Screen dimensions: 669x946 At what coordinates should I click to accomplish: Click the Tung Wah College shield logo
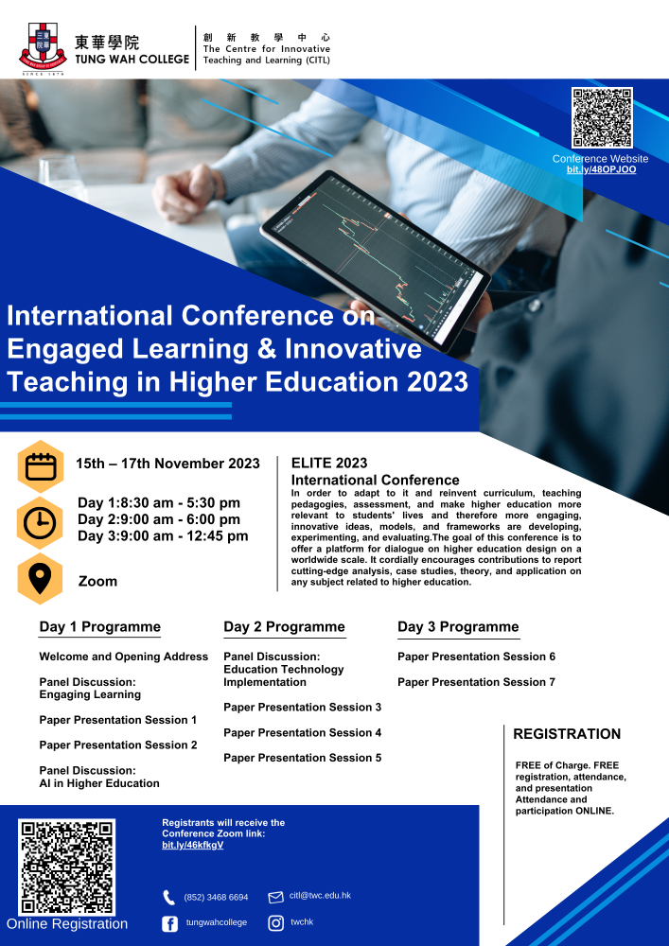(43, 48)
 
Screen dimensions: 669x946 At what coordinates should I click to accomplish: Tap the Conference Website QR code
(602, 117)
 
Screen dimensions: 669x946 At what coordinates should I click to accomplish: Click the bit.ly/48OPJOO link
(601, 169)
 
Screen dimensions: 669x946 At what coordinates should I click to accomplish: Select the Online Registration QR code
(66, 867)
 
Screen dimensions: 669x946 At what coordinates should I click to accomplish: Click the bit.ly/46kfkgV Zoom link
(192, 845)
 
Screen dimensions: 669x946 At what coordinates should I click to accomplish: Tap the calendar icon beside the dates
(41, 466)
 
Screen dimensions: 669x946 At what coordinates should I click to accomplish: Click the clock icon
(41, 523)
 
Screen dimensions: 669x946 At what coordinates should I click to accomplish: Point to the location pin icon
(41, 579)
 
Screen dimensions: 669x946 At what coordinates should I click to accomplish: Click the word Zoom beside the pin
(97, 581)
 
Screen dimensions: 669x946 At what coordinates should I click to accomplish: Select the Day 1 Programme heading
(100, 627)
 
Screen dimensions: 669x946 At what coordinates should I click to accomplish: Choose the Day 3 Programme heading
(458, 627)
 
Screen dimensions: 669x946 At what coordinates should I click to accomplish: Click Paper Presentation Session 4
(302, 732)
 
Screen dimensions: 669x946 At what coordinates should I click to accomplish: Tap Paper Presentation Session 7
(477, 682)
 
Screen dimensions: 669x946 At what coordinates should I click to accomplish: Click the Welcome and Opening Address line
(124, 657)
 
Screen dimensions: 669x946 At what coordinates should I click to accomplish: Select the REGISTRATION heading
(567, 734)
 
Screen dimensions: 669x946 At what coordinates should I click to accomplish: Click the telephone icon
(169, 897)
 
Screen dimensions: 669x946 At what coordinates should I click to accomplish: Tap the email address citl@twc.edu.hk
(320, 895)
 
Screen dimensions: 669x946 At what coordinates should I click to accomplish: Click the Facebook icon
(169, 923)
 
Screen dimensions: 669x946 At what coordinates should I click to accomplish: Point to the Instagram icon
(276, 923)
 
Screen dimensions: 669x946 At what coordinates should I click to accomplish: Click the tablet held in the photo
(376, 260)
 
